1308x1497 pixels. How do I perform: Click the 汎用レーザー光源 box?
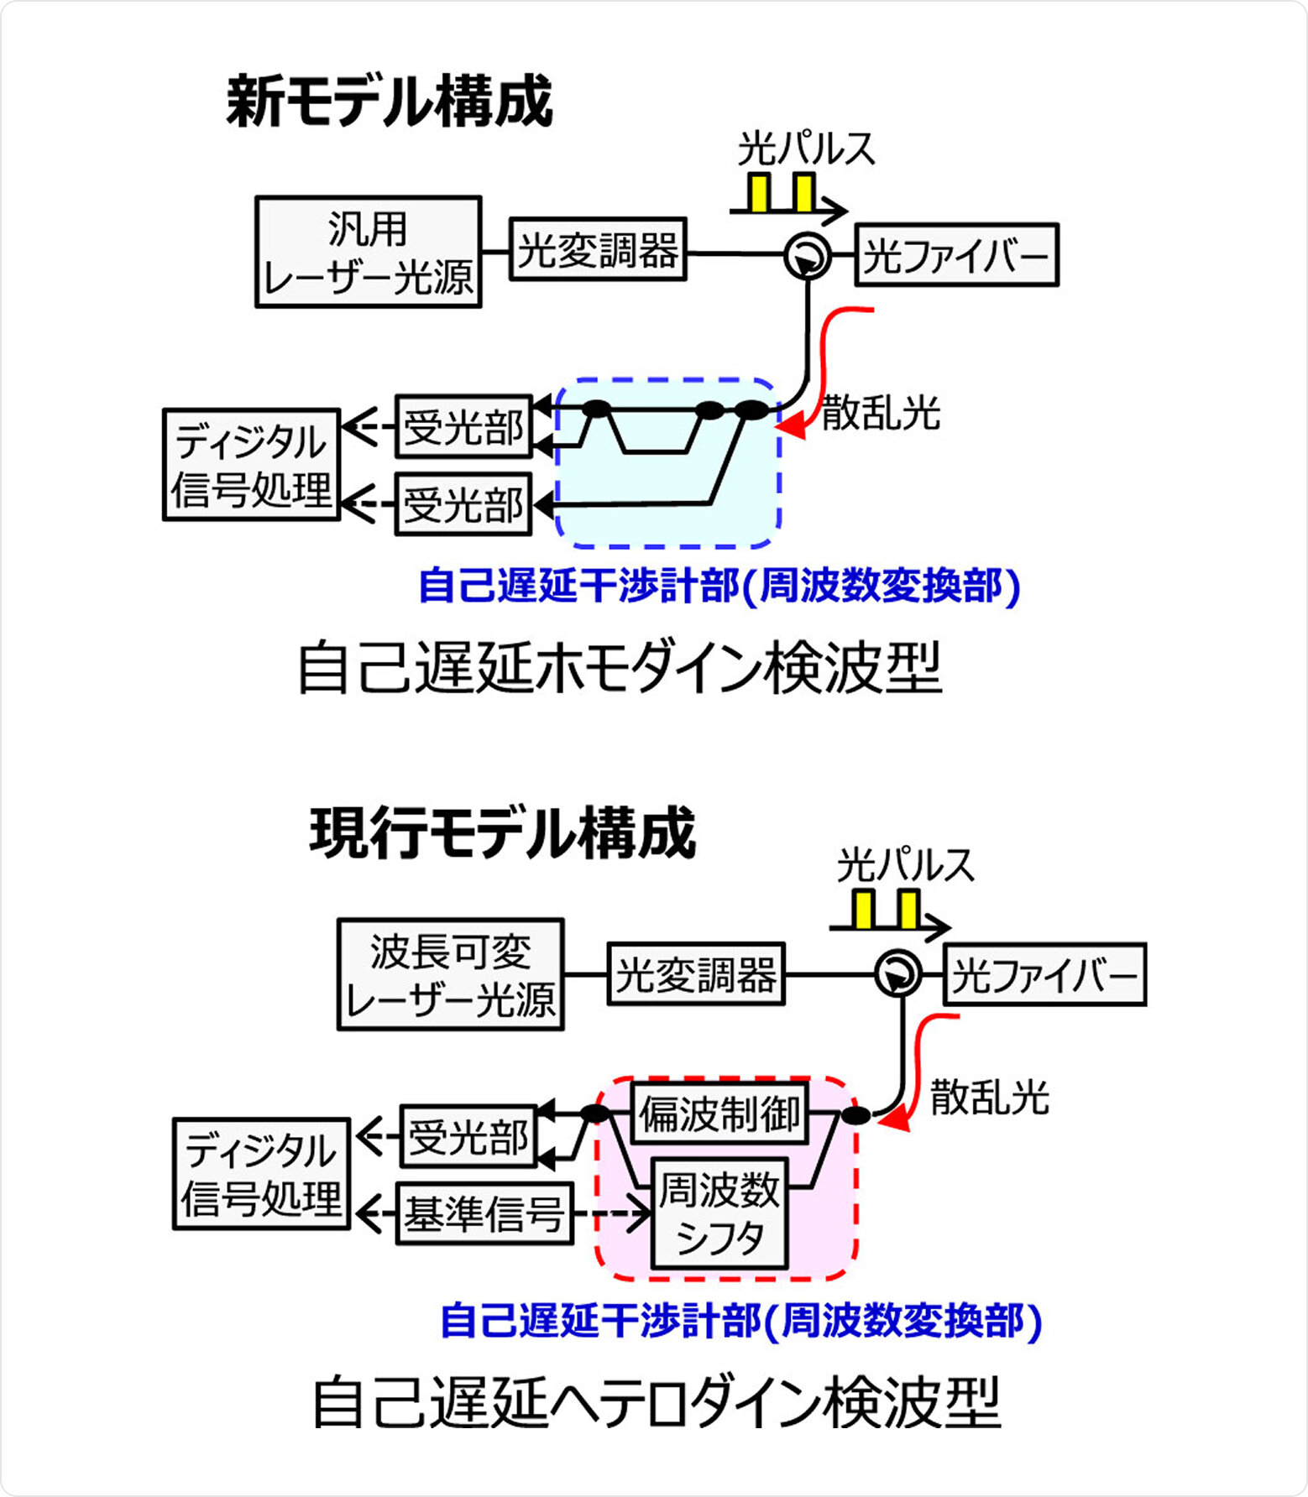(x=368, y=253)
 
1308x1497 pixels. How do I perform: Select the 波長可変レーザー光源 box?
(x=450, y=974)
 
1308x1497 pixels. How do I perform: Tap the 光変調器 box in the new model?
(x=598, y=250)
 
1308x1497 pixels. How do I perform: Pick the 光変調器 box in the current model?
(x=696, y=974)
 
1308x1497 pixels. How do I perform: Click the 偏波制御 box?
(x=719, y=1114)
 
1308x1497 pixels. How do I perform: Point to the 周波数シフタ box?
(x=719, y=1213)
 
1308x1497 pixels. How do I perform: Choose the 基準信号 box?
(x=484, y=1213)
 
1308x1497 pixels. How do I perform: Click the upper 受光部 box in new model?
(x=463, y=427)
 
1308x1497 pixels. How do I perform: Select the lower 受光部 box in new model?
(x=463, y=504)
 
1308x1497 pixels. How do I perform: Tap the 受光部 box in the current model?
(x=468, y=1137)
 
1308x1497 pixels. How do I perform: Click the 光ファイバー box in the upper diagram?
(x=956, y=255)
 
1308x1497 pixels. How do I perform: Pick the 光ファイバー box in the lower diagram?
(x=1044, y=975)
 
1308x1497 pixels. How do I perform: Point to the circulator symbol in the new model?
(x=808, y=255)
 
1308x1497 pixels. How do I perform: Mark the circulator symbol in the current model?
(x=897, y=974)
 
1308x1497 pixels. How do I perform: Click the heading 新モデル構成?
(x=390, y=102)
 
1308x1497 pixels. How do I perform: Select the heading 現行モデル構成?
(x=503, y=833)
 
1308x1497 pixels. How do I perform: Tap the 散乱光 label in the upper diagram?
(x=881, y=413)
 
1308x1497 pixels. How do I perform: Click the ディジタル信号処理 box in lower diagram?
(x=261, y=1174)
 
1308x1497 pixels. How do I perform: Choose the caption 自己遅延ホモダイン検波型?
(x=620, y=669)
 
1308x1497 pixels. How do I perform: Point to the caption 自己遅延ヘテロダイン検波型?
(x=657, y=1402)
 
